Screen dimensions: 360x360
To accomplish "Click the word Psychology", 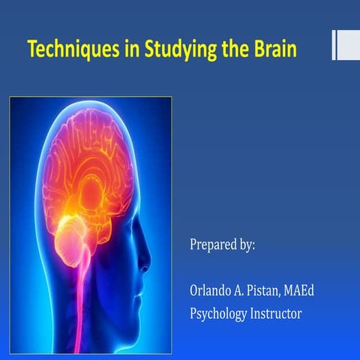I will pos(219,313).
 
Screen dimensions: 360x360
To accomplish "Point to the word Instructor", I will pos(277,313).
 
